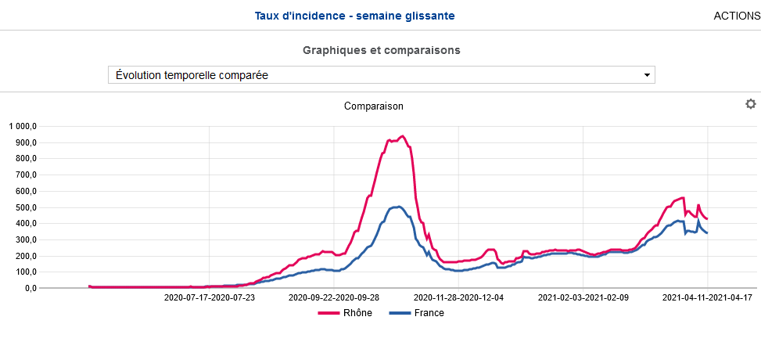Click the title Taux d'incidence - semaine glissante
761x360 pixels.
point(354,16)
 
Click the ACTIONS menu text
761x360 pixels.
point(737,16)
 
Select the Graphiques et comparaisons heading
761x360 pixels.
point(381,50)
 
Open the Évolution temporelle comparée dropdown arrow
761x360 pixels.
point(647,75)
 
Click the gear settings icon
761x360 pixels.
point(751,104)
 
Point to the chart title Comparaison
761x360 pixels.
point(374,106)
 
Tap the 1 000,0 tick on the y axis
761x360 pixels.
point(23,127)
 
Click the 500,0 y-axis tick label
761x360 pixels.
point(26,207)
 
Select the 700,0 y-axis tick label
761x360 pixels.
point(26,175)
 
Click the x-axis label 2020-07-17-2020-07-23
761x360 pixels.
point(210,298)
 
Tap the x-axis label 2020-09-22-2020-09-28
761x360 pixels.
point(334,298)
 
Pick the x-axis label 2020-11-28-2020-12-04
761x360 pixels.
point(459,298)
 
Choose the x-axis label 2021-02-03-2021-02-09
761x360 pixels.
point(583,298)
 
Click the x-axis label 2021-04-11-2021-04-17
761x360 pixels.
point(708,298)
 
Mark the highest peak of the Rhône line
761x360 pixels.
point(402,136)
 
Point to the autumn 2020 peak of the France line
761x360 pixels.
point(399,207)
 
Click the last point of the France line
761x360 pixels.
point(707,233)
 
